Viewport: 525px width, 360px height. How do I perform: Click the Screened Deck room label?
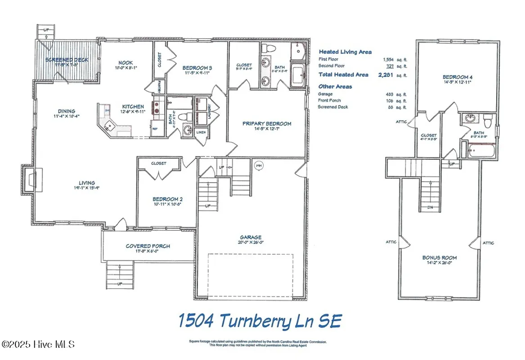[67, 59]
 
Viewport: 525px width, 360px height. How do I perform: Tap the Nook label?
[126, 63]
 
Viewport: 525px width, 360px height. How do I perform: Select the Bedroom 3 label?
[197, 68]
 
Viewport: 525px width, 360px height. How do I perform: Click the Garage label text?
[251, 237]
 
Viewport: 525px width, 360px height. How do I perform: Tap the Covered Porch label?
[148, 246]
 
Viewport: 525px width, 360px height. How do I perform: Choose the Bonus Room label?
[439, 257]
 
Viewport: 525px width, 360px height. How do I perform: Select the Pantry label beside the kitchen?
[159, 86]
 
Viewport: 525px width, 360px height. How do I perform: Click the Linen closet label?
[201, 132]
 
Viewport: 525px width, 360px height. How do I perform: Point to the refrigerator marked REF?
[155, 128]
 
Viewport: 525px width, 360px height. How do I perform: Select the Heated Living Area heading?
[345, 52]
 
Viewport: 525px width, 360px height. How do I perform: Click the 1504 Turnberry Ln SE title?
[260, 321]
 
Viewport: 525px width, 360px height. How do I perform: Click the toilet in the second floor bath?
[488, 120]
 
